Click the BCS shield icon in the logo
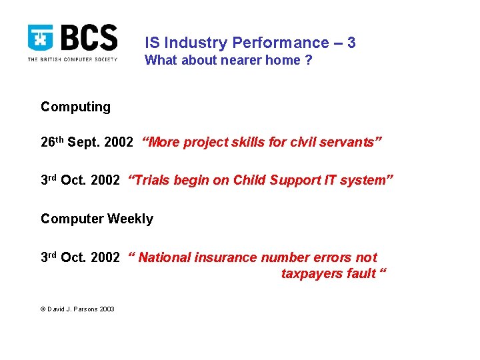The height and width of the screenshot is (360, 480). pos(41,38)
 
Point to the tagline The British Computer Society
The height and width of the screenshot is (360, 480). pos(72,59)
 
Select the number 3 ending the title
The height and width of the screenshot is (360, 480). pos(351,43)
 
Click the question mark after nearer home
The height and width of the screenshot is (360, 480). pos(308,61)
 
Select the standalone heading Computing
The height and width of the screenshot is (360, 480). pos(75,107)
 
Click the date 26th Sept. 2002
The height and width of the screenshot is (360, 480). pos(87,142)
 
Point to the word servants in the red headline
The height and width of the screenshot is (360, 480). pos(351,142)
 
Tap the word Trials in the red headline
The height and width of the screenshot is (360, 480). pos(152,180)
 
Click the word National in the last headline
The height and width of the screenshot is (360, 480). pos(164,257)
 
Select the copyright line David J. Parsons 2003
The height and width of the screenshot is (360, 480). pos(77,309)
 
